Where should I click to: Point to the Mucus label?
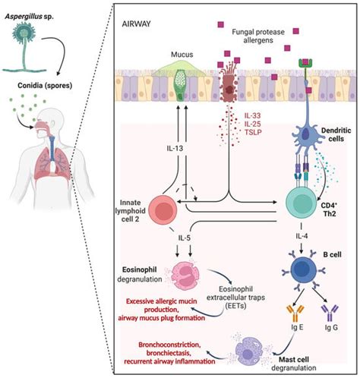178,55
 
